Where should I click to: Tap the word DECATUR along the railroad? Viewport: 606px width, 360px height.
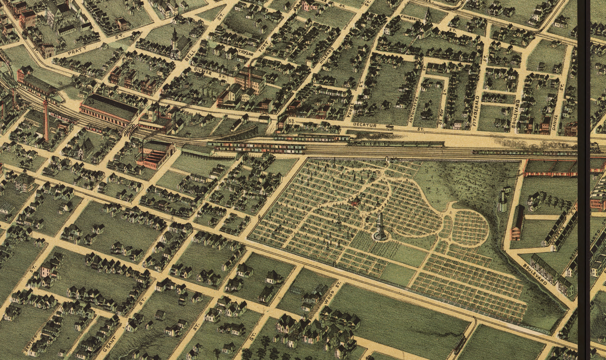coord(365,126)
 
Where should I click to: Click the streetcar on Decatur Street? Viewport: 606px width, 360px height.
coord(390,126)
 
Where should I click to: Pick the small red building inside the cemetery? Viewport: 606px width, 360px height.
coord(355,202)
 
